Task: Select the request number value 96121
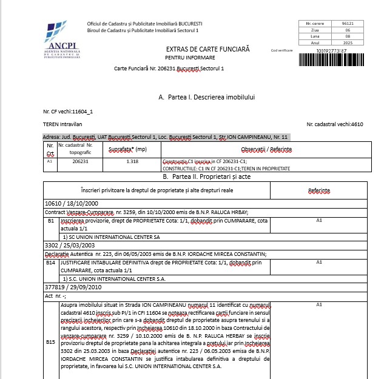tap(348, 23)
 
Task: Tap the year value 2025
tap(348, 42)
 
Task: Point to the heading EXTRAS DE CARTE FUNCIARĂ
tap(207, 49)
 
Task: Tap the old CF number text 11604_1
tap(82, 112)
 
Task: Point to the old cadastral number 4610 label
tap(335, 124)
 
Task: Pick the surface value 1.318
tap(133, 162)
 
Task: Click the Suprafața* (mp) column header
tap(128, 149)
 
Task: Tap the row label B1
tap(51, 221)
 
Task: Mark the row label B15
tap(51, 342)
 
